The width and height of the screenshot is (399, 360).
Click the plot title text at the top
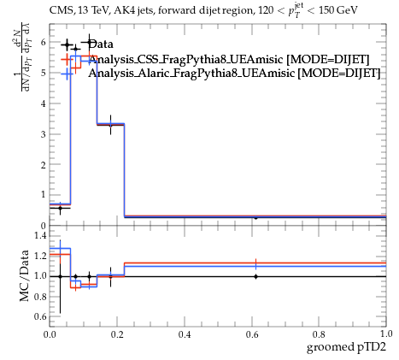pyautogui.click(x=203, y=11)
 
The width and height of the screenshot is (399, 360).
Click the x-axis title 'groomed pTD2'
pyautogui.click(x=346, y=347)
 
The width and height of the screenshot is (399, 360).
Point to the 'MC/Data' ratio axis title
pyautogui.click(x=24, y=275)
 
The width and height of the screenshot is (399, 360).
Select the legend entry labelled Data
pyautogui.click(x=101, y=44)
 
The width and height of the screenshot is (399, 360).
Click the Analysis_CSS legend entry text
pyautogui.click(x=229, y=59)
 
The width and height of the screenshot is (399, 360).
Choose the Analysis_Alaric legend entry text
pyautogui.click(x=234, y=74)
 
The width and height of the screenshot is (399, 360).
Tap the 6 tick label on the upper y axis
pyautogui.click(x=44, y=42)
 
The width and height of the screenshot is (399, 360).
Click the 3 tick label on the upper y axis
pyautogui.click(x=44, y=134)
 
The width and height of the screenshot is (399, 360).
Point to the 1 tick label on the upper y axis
pyautogui.click(x=44, y=195)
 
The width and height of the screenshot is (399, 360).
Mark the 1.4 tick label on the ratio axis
pyautogui.click(x=40, y=235)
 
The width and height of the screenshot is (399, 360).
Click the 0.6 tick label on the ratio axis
pyautogui.click(x=40, y=316)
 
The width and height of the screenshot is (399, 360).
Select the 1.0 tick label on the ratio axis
pyautogui.click(x=40, y=276)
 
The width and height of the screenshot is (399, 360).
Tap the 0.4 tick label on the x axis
pyautogui.click(x=185, y=333)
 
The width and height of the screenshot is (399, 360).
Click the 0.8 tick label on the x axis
pyautogui.click(x=319, y=333)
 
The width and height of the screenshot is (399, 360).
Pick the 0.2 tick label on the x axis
pyautogui.click(x=117, y=333)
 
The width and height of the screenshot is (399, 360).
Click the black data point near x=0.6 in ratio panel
pyautogui.click(x=255, y=276)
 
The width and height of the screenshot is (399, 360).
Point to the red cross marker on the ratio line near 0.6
pyautogui.click(x=255, y=263)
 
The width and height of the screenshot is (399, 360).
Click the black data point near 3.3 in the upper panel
pyautogui.click(x=110, y=125)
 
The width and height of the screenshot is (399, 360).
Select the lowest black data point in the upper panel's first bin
pyautogui.click(x=60, y=208)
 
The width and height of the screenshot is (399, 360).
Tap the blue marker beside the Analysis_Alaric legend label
pyautogui.click(x=67, y=74)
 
